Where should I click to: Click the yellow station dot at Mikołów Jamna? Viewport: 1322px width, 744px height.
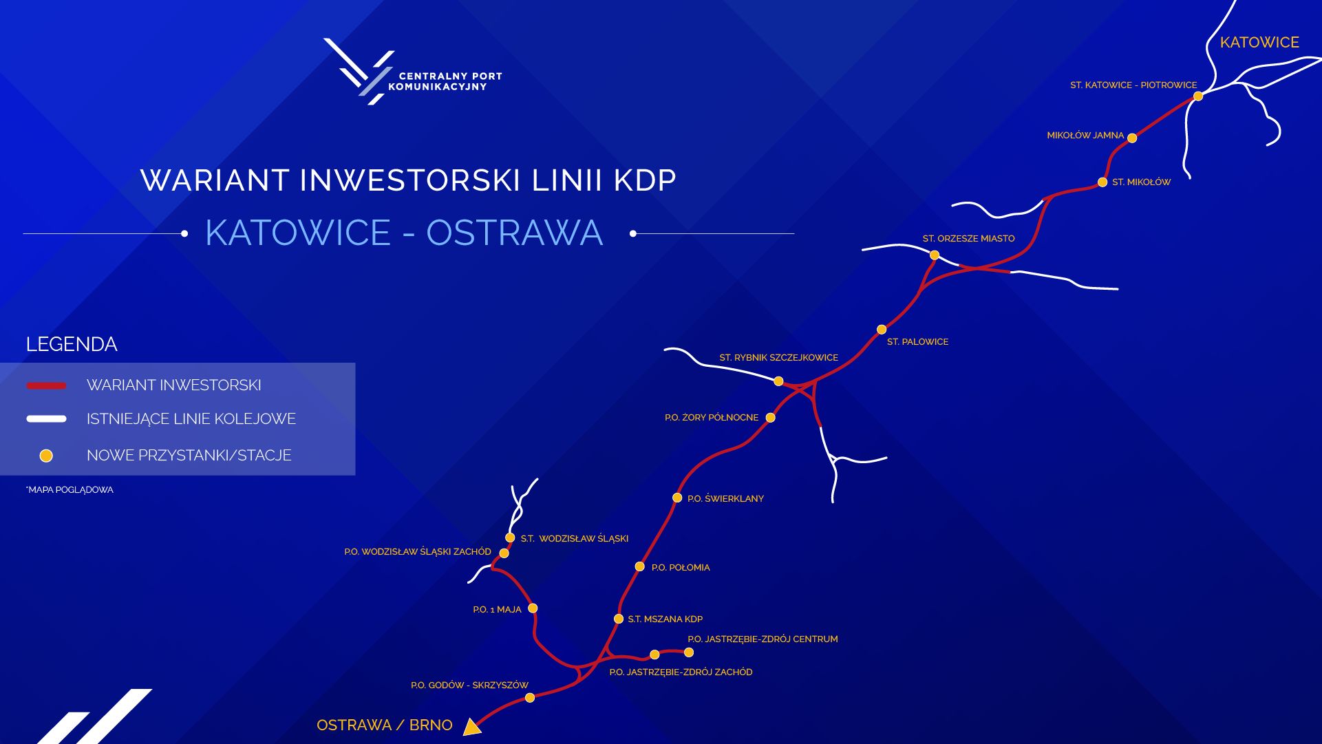[1132, 138]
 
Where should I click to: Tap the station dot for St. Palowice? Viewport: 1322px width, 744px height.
[882, 330]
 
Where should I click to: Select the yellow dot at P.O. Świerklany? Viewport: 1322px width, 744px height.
[677, 498]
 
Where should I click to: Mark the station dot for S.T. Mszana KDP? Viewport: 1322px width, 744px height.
[619, 619]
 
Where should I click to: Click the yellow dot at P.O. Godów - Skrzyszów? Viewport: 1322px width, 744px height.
[530, 698]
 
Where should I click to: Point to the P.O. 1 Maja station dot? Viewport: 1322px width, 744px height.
[533, 608]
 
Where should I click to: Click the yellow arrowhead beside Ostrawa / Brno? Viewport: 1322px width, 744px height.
[471, 727]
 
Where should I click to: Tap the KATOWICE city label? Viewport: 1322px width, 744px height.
[1259, 43]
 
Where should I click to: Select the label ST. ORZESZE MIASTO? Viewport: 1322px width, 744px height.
[968, 239]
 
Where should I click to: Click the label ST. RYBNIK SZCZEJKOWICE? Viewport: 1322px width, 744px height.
[778, 358]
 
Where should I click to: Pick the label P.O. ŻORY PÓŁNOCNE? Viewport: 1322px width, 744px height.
[712, 418]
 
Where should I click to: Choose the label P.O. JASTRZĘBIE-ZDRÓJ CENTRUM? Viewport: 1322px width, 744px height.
[763, 639]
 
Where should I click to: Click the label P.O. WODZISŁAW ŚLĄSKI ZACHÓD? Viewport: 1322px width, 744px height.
[418, 552]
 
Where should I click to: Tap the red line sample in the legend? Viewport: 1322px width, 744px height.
[46, 385]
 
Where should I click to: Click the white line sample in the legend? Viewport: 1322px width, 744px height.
[46, 418]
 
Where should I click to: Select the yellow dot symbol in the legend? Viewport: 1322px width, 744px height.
[46, 456]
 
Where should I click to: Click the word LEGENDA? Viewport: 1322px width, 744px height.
[72, 344]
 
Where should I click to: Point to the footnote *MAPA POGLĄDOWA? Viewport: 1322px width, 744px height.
[70, 490]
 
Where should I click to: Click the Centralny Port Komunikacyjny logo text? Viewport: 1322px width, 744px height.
[445, 81]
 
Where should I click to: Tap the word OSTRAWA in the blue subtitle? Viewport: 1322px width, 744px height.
[515, 233]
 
